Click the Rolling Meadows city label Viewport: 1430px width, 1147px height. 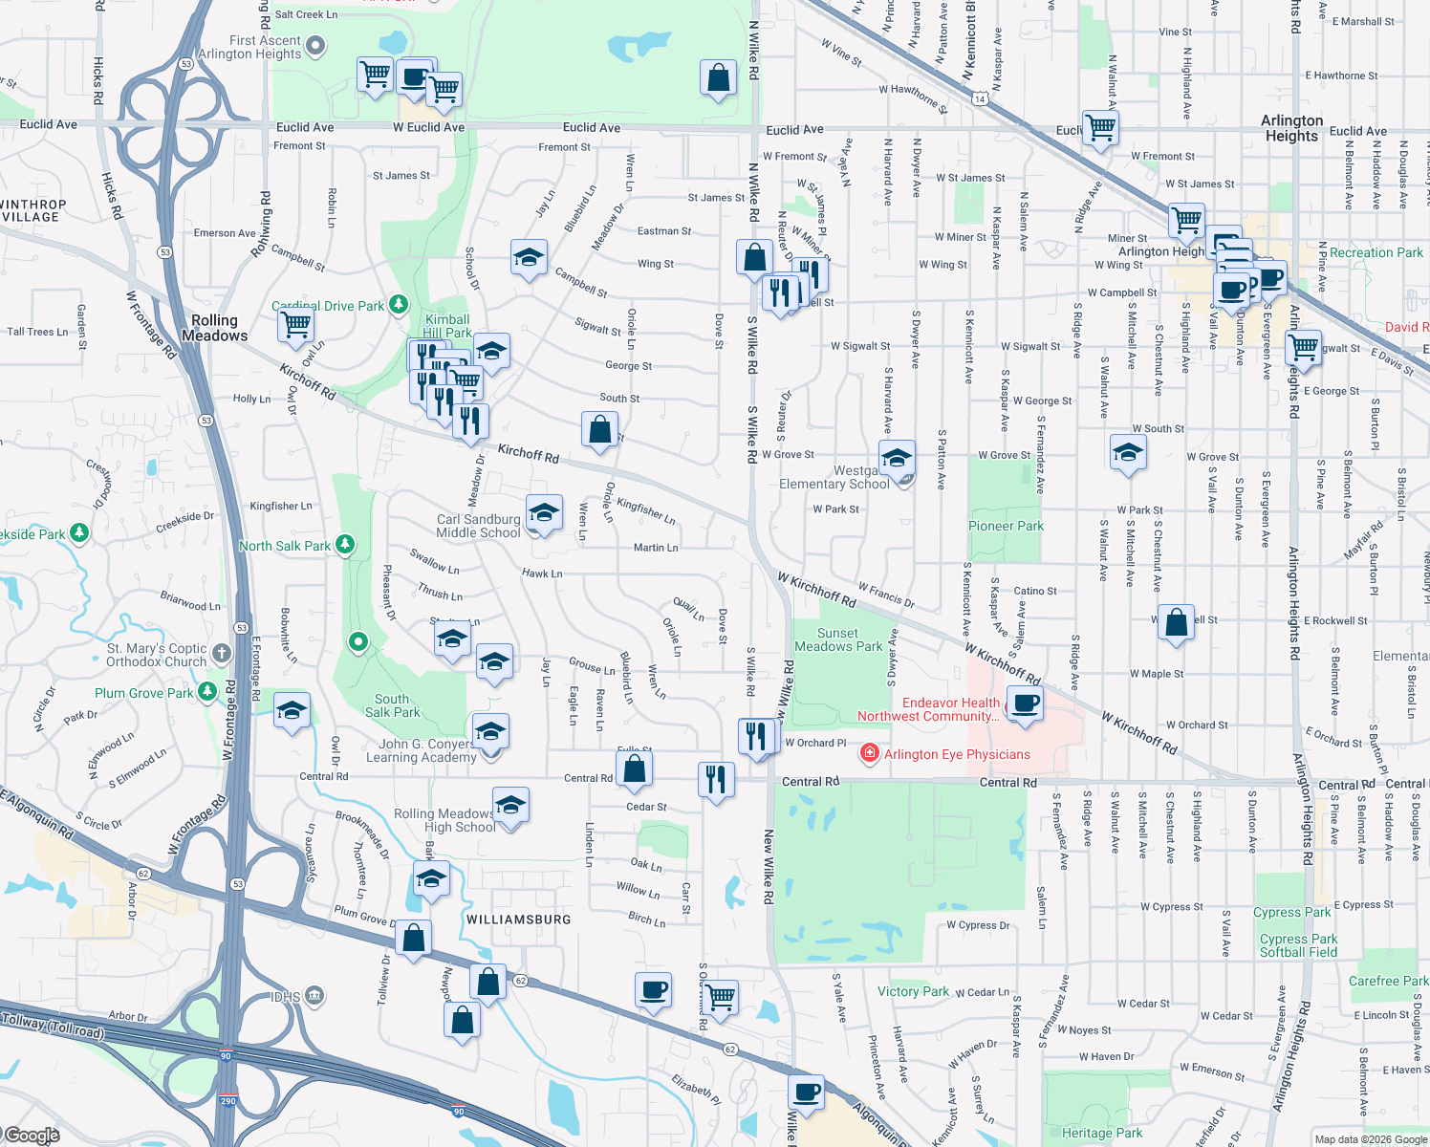coord(214,328)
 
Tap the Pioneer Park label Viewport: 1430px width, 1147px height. coord(1006,526)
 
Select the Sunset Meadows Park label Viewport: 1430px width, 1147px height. coord(838,639)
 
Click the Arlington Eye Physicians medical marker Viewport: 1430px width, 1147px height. coord(869,754)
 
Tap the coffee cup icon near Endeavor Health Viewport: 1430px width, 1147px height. coord(1025,703)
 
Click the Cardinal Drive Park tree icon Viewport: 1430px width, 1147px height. coord(399,305)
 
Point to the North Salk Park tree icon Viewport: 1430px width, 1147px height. coord(345,545)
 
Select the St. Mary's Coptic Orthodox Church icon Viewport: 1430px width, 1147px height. coord(221,653)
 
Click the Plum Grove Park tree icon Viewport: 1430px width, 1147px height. coord(207,692)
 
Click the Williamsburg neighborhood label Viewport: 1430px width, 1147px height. coord(518,920)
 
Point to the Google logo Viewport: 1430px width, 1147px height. coord(32,1135)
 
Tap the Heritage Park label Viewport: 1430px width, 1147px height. coord(1101,1133)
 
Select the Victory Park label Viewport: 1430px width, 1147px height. coord(913,991)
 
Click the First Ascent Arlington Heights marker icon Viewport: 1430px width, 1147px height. coord(315,45)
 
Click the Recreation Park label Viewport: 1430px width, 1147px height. coord(1376,252)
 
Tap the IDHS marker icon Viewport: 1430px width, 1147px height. coord(314,997)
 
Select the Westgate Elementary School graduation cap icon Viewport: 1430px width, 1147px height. coord(897,459)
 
